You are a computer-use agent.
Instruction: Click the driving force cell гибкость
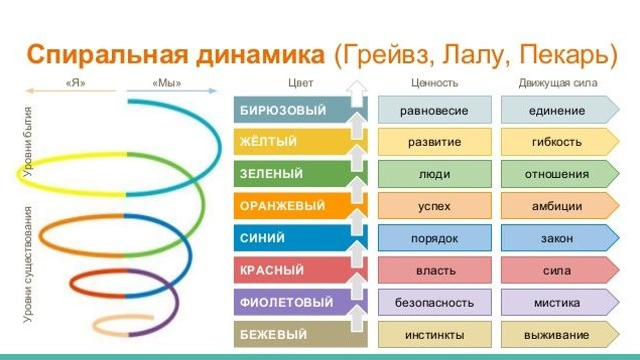pos(557,141)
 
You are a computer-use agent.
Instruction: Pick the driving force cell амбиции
pos(557,206)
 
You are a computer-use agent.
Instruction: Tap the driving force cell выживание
pos(557,334)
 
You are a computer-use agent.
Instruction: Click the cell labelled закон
pos(557,238)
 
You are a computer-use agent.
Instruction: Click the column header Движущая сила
pos(557,83)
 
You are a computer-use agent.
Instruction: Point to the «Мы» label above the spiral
pos(166,83)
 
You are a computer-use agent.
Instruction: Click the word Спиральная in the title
pos(97,52)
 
